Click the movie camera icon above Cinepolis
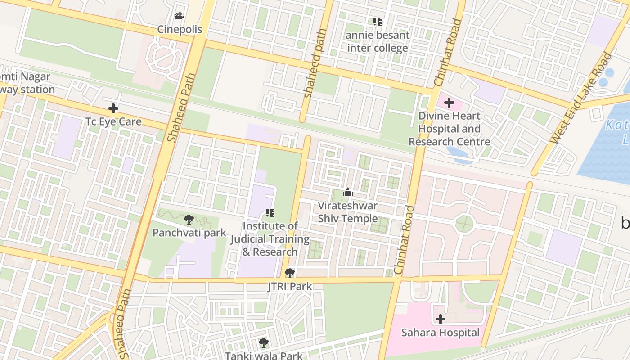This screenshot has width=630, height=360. tap(179, 16)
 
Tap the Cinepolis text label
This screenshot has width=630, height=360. tap(180, 30)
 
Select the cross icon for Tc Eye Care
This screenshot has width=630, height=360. tap(113, 108)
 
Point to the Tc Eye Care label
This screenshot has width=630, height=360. tap(113, 121)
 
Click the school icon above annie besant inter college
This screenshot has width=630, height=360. tap(378, 21)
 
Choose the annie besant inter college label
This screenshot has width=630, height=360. tap(378, 41)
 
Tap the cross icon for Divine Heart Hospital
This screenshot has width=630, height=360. tap(449, 103)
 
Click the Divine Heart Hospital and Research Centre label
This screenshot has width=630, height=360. tap(449, 129)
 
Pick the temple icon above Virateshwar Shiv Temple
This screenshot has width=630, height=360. tap(347, 193)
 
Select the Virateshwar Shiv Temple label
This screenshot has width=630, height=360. tap(347, 212)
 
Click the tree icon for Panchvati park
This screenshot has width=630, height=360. tap(189, 220)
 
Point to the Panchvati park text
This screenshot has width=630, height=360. tap(189, 233)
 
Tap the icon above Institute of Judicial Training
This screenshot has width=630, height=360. tap(270, 212)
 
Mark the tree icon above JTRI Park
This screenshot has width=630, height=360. tap(290, 273)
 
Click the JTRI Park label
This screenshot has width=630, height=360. tap(290, 286)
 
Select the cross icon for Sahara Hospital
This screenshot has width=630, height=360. tap(441, 319)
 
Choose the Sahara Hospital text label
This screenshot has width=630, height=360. tap(440, 333)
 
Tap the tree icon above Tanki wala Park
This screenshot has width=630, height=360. tap(264, 343)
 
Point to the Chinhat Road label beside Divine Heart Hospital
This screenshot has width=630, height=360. tap(448, 53)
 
